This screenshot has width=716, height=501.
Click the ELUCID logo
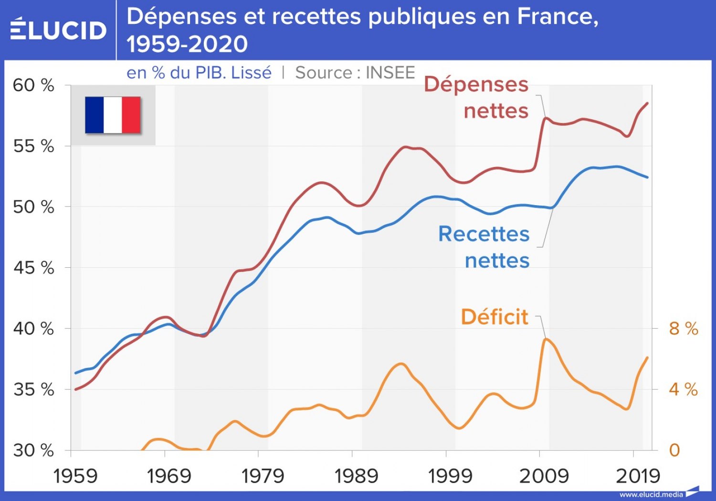(58, 30)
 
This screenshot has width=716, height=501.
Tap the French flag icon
(113, 115)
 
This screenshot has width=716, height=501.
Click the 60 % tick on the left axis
(33, 85)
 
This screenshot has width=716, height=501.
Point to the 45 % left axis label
(33, 268)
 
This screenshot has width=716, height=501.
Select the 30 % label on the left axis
(33, 450)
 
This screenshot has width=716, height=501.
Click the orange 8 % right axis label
(683, 328)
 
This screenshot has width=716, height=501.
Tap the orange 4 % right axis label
(683, 389)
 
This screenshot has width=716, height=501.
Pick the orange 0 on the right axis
(674, 450)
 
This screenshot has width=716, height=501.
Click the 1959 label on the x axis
(75, 476)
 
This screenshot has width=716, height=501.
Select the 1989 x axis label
(356, 476)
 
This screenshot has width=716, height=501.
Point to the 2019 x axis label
(638, 476)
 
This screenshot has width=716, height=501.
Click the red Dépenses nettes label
(477, 97)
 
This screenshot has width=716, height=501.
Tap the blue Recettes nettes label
(484, 247)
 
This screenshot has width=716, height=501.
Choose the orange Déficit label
(495, 317)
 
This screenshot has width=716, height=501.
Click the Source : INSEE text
(355, 73)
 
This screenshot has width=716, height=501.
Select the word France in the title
(558, 16)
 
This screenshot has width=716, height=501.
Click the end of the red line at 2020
(647, 103)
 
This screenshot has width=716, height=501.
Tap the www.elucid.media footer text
(651, 494)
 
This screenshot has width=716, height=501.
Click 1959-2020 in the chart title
(187, 44)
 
